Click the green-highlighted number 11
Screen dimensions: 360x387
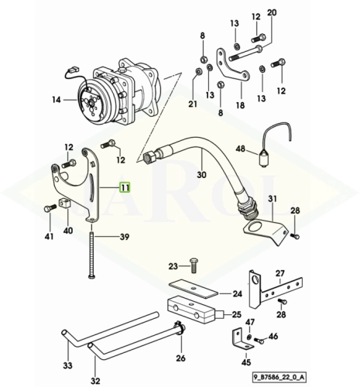click(125, 187)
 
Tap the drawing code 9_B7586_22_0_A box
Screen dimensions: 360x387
click(279, 378)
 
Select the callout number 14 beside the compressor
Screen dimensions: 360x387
click(57, 100)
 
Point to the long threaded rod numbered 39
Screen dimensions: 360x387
click(92, 255)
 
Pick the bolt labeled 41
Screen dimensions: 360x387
click(50, 207)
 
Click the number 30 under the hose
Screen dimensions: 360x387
click(201, 175)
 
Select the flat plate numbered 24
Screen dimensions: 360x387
click(194, 289)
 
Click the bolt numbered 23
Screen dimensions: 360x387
click(194, 265)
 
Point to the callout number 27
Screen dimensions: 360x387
click(280, 273)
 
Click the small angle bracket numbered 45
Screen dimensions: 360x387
click(242, 340)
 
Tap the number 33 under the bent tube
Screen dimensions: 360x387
click(67, 365)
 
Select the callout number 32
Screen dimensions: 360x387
click(95, 381)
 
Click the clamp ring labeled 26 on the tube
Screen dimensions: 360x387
click(181, 328)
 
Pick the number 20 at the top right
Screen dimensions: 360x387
click(272, 12)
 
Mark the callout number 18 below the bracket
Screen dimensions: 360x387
click(240, 105)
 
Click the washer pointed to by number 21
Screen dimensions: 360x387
click(199, 71)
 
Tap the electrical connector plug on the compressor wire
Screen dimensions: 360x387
click(73, 70)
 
